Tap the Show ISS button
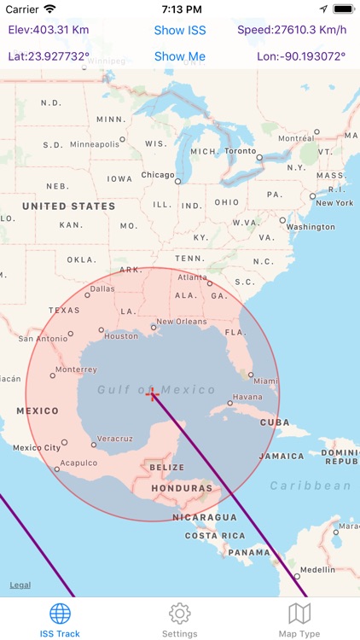[x=180, y=30]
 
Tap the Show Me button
[x=180, y=57]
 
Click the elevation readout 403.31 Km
[x=49, y=30]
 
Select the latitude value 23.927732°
[x=49, y=57]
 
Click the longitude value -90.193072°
[x=301, y=57]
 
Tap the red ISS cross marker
[x=153, y=393]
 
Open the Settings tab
[x=179, y=620]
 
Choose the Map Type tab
[x=299, y=620]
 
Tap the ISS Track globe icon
[x=60, y=614]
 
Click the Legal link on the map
[x=20, y=585]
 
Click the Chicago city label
[x=158, y=175]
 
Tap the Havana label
[x=248, y=397]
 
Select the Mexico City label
[x=37, y=447]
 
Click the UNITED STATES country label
[x=68, y=207]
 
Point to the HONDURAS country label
[x=181, y=489]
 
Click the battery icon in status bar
[x=343, y=9]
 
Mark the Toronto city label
[x=240, y=151]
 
